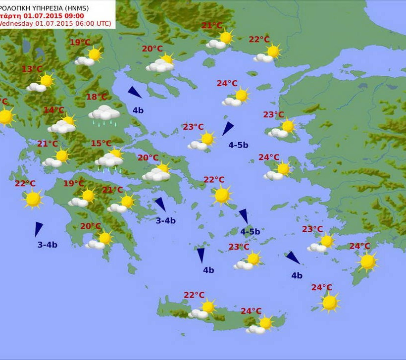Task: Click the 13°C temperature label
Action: (32, 69)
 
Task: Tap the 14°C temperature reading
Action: (54, 110)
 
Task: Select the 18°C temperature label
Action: (97, 97)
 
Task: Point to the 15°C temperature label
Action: (101, 144)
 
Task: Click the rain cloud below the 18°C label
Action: (104, 115)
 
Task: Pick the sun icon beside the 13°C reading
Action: (46, 80)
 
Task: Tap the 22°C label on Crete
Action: (194, 295)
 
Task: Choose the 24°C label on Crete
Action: (251, 311)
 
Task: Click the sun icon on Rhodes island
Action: (367, 261)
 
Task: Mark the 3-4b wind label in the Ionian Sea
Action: (48, 245)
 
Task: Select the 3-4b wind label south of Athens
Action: (166, 221)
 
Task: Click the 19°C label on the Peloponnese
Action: (74, 184)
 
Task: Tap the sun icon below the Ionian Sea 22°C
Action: (33, 199)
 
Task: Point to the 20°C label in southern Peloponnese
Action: (91, 226)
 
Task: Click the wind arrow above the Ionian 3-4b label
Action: (38, 229)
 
